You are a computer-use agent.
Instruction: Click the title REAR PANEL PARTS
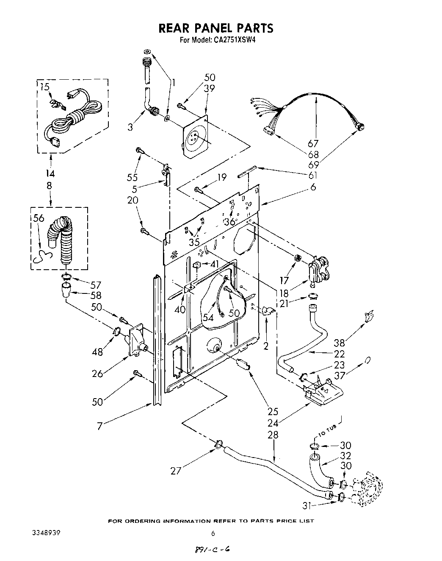click(x=215, y=28)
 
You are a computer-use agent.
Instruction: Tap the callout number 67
click(x=313, y=144)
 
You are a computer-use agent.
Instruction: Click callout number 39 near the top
click(x=209, y=88)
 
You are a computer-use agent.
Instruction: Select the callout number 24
click(x=273, y=422)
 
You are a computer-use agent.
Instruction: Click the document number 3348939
click(x=46, y=533)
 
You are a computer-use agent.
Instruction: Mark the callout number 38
click(x=339, y=343)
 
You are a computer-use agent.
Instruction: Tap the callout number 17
click(x=284, y=280)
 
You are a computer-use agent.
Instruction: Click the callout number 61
click(x=313, y=176)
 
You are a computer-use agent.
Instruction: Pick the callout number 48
click(x=98, y=351)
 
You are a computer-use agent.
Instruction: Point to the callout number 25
click(x=273, y=411)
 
